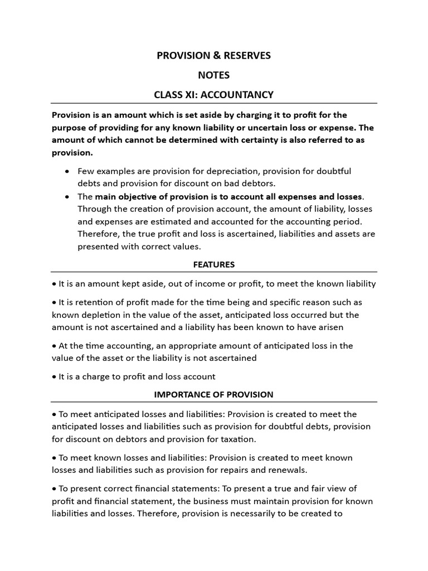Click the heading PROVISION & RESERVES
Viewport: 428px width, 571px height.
coord(214,55)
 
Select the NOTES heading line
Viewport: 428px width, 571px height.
coord(214,75)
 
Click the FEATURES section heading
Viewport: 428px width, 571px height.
coord(214,264)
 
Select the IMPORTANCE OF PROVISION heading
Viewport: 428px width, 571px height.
coord(214,394)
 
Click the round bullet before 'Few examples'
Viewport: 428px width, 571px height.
coord(67,171)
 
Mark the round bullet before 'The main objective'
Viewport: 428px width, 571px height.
coord(67,197)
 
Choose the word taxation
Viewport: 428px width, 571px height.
coord(237,439)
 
